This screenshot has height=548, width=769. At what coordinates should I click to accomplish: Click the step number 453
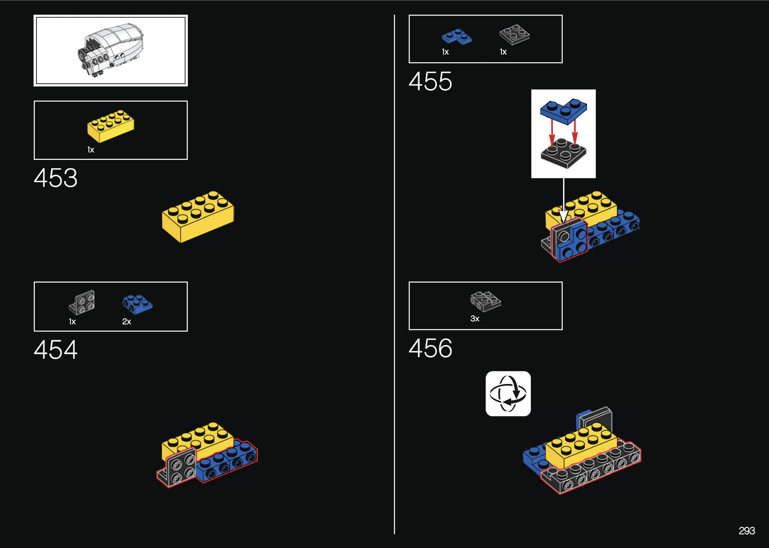pos(56,178)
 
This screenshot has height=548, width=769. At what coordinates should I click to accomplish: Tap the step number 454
pos(56,350)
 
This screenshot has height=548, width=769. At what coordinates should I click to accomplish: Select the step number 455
pos(430,81)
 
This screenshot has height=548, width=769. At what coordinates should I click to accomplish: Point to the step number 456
pos(430,348)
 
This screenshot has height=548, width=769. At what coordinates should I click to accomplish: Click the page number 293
pos(746,531)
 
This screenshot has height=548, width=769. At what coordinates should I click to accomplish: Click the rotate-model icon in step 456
pos(508,394)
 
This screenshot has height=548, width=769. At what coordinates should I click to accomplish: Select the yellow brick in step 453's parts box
pos(111,125)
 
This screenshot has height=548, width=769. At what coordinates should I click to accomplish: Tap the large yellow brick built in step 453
pos(198,216)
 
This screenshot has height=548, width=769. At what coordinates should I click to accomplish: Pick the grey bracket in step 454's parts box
pos(82,302)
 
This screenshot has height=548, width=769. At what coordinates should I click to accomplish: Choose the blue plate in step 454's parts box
pos(137,304)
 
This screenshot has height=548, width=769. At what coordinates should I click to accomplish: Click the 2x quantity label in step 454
pos(127,322)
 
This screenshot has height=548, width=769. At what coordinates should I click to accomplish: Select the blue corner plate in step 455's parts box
pos(457,37)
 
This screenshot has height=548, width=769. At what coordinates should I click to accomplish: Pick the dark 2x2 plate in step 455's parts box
pos(514,35)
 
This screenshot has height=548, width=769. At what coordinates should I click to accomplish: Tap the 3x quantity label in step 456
pos(475,319)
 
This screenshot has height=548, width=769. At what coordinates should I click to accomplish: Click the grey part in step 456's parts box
pos(486,301)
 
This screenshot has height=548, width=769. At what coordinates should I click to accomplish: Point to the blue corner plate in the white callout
pos(563,111)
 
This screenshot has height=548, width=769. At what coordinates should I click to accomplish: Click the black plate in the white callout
pos(563,154)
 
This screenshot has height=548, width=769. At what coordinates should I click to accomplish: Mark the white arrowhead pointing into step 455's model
pos(564,216)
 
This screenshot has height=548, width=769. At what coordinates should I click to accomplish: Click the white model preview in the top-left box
pos(111,50)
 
